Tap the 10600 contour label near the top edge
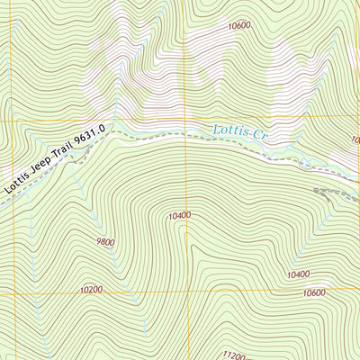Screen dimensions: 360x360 pyautogui.click(x=239, y=26)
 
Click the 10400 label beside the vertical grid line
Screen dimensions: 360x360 pyautogui.click(x=179, y=216)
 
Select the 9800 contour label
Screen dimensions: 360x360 pyautogui.click(x=106, y=242)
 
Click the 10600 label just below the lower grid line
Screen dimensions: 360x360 pyautogui.click(x=314, y=293)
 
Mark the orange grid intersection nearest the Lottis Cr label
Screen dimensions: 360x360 pyautogui.click(x=186, y=119)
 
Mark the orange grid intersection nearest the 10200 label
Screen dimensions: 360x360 pyautogui.click(x=186, y=292)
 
